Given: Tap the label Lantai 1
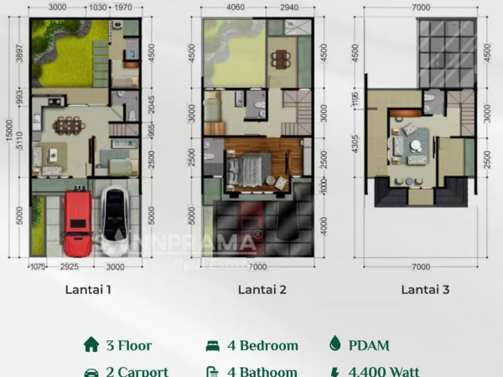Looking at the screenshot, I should point(88,291).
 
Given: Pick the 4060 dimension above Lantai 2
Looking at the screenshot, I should point(234,7).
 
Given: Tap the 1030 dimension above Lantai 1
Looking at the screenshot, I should point(98,7).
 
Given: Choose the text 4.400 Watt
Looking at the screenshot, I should point(384,371).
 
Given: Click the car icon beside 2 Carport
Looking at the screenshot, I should point(90,371).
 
